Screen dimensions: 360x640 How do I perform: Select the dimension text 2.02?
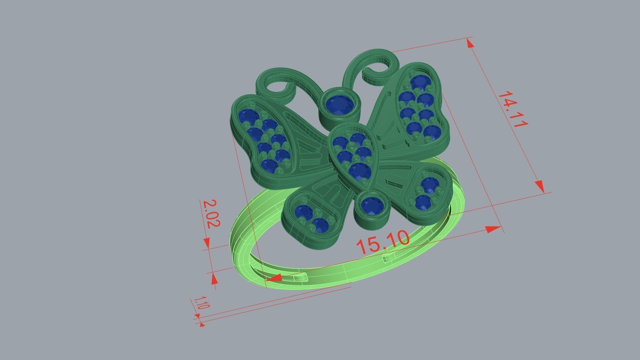[x=211, y=213]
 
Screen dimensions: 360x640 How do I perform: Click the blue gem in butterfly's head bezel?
[x=339, y=105]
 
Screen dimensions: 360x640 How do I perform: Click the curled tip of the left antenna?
[x=267, y=87]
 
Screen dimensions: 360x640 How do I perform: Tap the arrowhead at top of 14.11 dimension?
[x=470, y=43]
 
